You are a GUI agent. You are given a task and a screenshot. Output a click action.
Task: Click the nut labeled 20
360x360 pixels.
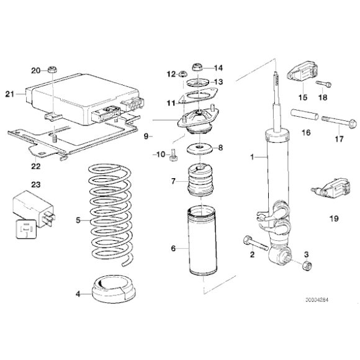pyautogui.click(x=52, y=69)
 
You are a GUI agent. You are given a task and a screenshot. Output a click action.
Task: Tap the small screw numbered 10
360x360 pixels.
pyautogui.click(x=173, y=155)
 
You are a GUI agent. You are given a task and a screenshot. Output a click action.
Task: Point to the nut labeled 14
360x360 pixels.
pyautogui.click(x=197, y=67)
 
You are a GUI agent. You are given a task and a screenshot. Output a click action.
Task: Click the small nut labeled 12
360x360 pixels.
pyautogui.click(x=182, y=74)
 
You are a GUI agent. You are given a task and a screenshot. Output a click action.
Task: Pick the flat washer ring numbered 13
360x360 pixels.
pyautogui.click(x=197, y=83)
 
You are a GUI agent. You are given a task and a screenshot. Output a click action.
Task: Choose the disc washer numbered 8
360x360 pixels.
pyautogui.click(x=199, y=149)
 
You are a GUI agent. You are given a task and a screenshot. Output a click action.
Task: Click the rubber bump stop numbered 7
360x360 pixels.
pyautogui.click(x=200, y=180)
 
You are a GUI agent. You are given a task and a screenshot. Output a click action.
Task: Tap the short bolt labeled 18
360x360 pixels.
pyautogui.click(x=324, y=84)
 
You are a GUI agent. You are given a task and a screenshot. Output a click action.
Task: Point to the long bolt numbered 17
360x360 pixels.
pyautogui.click(x=339, y=122)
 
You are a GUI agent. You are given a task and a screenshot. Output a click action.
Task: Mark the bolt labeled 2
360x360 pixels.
pyautogui.click(x=256, y=245)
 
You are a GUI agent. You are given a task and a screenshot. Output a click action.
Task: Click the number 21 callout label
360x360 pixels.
pyautogui.click(x=10, y=94)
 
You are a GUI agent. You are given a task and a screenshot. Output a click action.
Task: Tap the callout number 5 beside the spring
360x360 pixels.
pyautogui.click(x=78, y=220)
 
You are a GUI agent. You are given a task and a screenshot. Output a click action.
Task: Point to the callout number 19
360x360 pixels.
pyautogui.click(x=334, y=218)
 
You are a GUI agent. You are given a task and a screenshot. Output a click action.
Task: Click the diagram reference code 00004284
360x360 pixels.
pyautogui.click(x=317, y=300)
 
